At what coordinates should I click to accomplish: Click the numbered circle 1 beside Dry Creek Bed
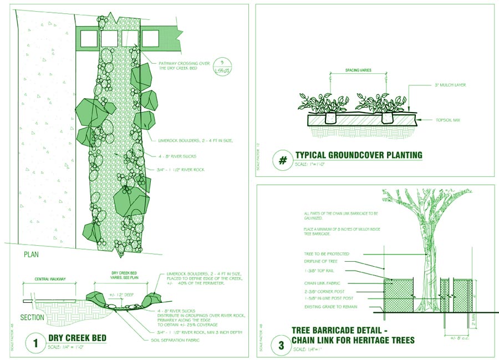[35, 343]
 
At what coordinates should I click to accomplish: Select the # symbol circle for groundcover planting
[282, 161]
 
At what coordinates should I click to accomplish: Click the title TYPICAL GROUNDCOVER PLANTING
[359, 155]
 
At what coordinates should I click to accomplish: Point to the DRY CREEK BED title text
[77, 338]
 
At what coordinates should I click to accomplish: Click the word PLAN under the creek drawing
[31, 255]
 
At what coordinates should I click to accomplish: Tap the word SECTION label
[32, 318]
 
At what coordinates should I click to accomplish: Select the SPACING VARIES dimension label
[358, 70]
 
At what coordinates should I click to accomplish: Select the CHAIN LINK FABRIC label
[322, 283]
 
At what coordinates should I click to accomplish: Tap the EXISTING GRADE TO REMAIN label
[330, 306]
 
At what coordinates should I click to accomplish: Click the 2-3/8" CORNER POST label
[325, 291]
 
